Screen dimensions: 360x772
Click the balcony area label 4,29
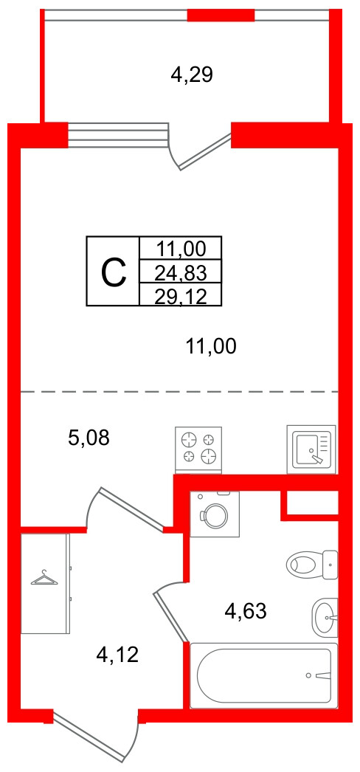[x=191, y=75]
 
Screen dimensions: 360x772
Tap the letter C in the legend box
[x=114, y=274]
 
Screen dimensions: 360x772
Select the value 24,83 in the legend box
[x=181, y=272]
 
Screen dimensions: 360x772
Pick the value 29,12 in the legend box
[x=181, y=296]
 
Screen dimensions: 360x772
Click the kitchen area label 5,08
[x=89, y=437]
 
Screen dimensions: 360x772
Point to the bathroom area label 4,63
[x=245, y=612]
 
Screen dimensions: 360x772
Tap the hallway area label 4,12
[x=118, y=655]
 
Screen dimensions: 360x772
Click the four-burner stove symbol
[x=198, y=448]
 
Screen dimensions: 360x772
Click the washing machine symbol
[x=215, y=514]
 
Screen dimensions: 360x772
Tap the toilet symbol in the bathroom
[x=312, y=565]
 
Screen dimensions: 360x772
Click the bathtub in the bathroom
[x=263, y=675]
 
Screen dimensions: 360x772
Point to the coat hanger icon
[x=45, y=577]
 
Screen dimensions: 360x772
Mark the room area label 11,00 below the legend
[x=211, y=348]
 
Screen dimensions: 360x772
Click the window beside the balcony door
[x=118, y=135]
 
